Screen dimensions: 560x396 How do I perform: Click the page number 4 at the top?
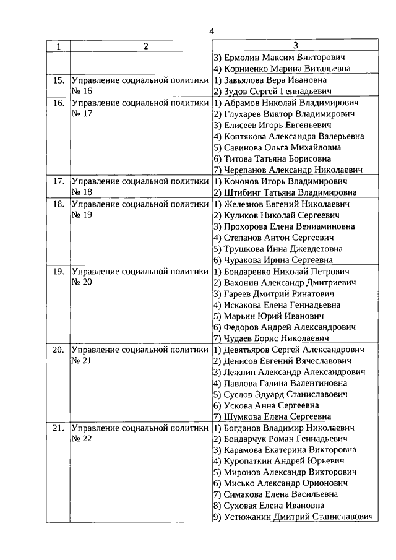(x=212, y=32)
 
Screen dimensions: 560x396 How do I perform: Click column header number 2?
(x=146, y=46)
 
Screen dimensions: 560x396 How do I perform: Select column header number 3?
(x=295, y=45)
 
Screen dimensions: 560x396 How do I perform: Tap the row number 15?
(x=59, y=80)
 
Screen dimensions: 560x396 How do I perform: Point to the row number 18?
(x=59, y=204)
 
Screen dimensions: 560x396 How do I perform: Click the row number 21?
(x=59, y=428)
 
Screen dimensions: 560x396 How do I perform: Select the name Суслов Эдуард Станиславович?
(x=285, y=394)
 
